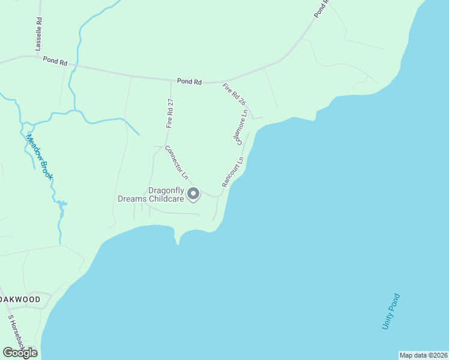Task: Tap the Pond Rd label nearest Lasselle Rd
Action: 55,61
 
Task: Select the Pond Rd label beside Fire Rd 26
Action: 189,81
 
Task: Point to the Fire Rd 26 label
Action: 234,95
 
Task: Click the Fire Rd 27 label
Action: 170,113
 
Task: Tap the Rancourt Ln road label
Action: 232,173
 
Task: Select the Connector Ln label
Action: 176,163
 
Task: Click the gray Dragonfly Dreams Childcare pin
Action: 193,193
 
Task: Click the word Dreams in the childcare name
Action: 130,199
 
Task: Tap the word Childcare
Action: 164,199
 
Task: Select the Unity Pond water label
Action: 391,311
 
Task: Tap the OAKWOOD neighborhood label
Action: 20,299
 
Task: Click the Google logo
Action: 20,352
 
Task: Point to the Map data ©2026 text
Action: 423,355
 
